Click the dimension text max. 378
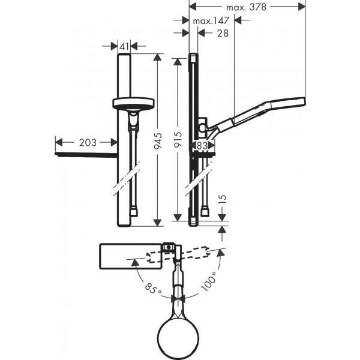[x=246, y=7]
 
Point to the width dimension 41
[x=125, y=46]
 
